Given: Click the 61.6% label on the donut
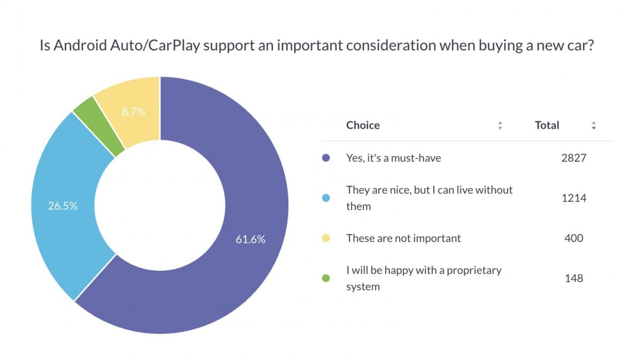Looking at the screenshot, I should (x=250, y=240).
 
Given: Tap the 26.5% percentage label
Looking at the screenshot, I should (x=63, y=206).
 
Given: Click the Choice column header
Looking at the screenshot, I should (x=363, y=126).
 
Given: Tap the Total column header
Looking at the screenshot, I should (x=547, y=126).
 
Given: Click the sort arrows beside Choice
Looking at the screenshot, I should (x=500, y=126).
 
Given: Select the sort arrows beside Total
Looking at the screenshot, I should (x=593, y=126).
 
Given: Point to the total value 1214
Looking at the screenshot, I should (x=574, y=198).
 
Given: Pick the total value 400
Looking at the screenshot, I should (x=574, y=238).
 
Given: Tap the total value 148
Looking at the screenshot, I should (x=574, y=278).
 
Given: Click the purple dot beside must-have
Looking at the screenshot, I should (x=327, y=158).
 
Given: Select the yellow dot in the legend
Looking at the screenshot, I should (x=327, y=238).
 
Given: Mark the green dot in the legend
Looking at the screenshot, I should (x=327, y=278).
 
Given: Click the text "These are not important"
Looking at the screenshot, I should (x=403, y=238).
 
